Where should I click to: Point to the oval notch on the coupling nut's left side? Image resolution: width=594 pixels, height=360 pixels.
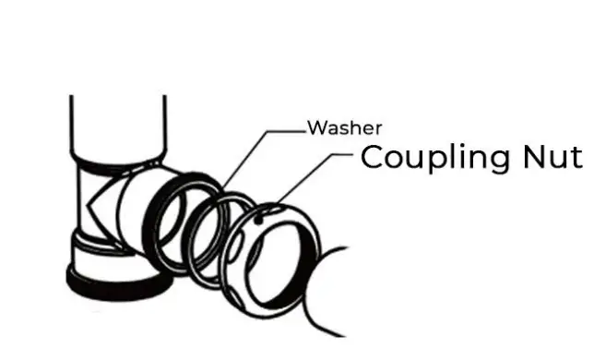237,249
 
